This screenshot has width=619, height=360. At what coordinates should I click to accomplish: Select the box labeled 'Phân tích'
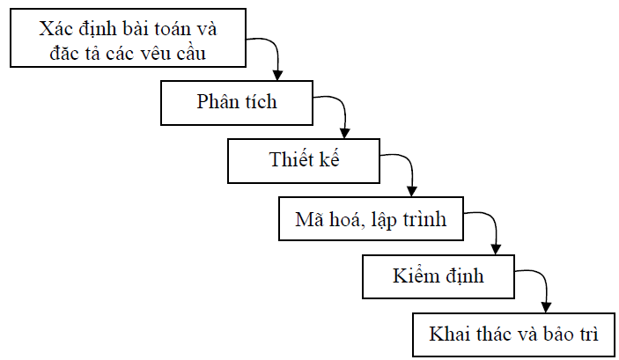[x=236, y=101]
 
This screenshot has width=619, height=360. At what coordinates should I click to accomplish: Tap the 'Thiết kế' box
[x=305, y=161]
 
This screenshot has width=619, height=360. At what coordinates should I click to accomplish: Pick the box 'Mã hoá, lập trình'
[x=371, y=219]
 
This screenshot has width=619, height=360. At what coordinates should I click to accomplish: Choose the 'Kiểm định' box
[x=438, y=276]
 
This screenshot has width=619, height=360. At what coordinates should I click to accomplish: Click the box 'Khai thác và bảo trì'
[x=514, y=334]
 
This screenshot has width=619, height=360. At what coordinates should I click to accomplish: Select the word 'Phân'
[x=217, y=101]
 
